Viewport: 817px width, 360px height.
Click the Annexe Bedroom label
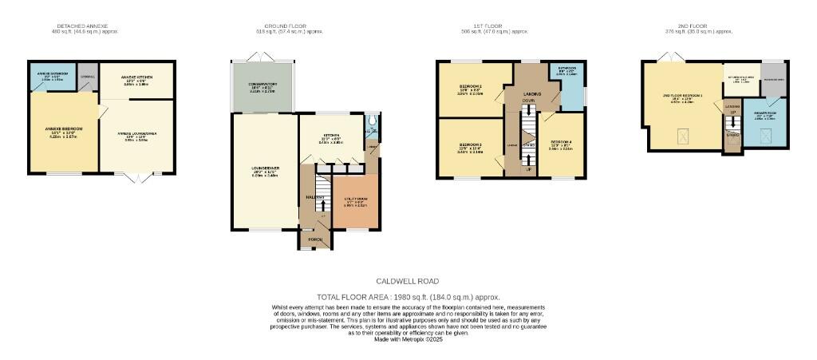63,129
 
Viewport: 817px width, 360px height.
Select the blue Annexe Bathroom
52,78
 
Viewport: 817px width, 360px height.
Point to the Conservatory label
262,88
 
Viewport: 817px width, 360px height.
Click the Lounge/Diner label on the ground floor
264,169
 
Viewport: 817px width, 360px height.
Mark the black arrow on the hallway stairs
322,204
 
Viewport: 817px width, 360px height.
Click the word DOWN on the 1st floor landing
527,101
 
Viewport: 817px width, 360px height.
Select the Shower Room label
765,116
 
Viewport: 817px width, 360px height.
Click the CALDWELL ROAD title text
407,281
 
